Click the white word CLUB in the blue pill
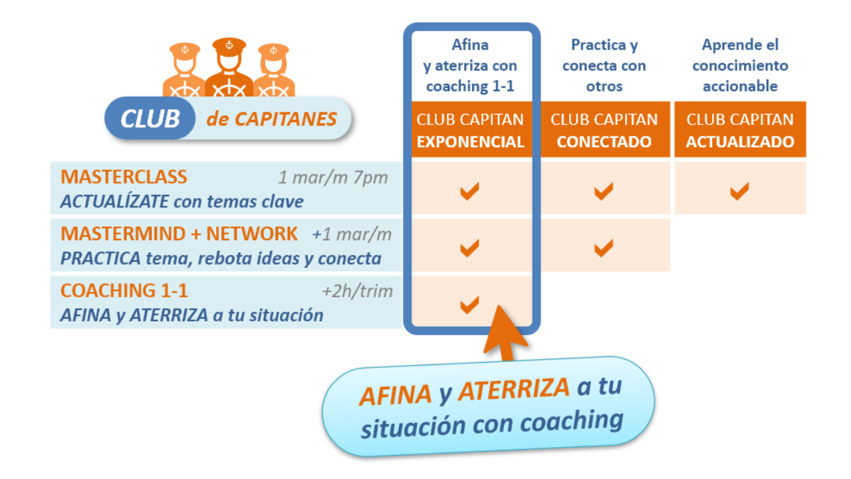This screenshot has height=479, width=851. click(150, 118)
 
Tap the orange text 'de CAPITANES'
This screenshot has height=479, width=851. click(271, 119)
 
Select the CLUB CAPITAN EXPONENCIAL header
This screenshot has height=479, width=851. click(471, 130)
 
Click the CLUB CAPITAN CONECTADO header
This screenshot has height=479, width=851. click(604, 130)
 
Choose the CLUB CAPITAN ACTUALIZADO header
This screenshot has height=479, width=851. click(740, 130)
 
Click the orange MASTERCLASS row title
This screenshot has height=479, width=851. click(124, 177)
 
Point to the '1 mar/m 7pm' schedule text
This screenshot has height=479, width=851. click(332, 178)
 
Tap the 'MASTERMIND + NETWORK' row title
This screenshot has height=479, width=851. click(179, 234)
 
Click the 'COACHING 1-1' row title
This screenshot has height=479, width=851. click(124, 291)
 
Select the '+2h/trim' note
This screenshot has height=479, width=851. click(357, 291)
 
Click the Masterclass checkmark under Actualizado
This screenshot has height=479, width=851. click(739, 192)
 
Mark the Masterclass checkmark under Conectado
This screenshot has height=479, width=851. click(604, 192)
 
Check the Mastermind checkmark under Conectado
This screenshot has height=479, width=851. click(604, 249)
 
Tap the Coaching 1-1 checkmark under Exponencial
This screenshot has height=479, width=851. click(470, 305)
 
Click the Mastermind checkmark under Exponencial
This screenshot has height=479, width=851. click(470, 249)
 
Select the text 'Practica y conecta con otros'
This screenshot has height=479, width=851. click(604, 65)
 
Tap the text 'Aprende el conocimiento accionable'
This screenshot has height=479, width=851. click(740, 65)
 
